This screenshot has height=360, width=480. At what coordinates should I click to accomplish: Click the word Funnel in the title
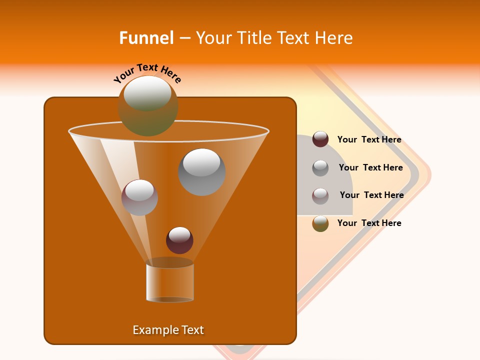coord(146,38)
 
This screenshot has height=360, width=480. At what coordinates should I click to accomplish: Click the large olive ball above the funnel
coord(148,106)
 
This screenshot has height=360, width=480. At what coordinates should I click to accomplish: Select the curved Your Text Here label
coord(147,73)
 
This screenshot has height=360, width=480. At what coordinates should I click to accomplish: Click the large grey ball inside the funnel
coord(202,172)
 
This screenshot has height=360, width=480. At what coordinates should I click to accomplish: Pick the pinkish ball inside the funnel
coord(139,197)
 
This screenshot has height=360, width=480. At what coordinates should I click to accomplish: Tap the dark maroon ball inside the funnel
coord(179,240)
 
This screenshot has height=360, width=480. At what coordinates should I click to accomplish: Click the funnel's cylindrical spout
coord(170,281)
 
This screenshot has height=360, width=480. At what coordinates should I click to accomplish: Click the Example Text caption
coord(168,330)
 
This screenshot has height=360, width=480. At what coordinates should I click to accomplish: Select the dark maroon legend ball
coord(320,139)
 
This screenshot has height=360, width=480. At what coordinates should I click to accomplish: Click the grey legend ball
coord(320,167)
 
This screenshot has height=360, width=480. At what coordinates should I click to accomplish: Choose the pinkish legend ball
coord(320,195)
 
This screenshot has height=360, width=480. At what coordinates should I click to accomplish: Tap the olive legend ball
coord(320,223)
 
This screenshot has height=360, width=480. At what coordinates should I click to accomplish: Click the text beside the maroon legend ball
coord(369,140)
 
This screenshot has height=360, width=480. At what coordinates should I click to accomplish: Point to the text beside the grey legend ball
coord(370,168)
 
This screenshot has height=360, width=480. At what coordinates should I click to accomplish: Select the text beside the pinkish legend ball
coord(371,195)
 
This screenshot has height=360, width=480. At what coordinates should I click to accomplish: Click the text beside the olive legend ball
coord(369,223)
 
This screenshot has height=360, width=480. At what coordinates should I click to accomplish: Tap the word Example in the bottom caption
coord(152,330)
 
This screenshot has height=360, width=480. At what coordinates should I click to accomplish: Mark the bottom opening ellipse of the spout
coord(170,299)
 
